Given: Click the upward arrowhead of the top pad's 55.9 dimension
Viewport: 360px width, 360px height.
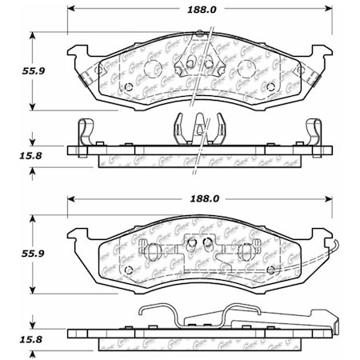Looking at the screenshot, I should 33,36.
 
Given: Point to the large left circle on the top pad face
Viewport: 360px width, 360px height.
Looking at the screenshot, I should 99,70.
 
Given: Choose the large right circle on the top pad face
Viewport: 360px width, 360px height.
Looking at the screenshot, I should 300,70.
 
